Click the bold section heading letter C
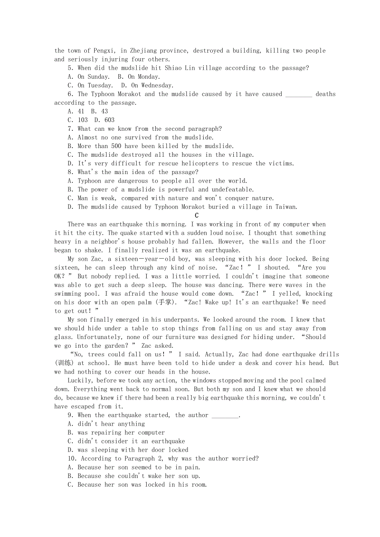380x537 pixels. (x=197, y=216)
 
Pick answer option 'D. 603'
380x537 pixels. (x=104, y=120)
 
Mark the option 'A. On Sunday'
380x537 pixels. (x=89, y=77)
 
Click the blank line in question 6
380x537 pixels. (x=299, y=94)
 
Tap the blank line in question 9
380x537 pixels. (x=225, y=415)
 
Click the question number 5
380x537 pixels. (x=71, y=68)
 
